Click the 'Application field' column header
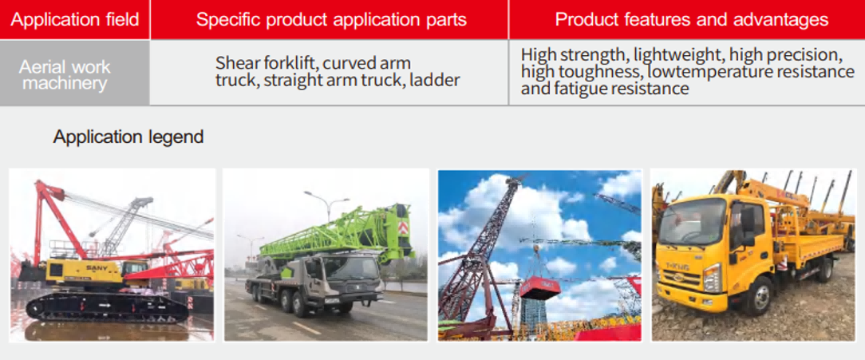[74, 20]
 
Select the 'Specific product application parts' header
[331, 20]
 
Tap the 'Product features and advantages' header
[691, 20]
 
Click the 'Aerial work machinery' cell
[65, 75]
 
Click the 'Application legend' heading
[128, 137]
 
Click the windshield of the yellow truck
[693, 221]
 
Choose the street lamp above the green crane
[328, 204]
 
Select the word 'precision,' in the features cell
[805, 55]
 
